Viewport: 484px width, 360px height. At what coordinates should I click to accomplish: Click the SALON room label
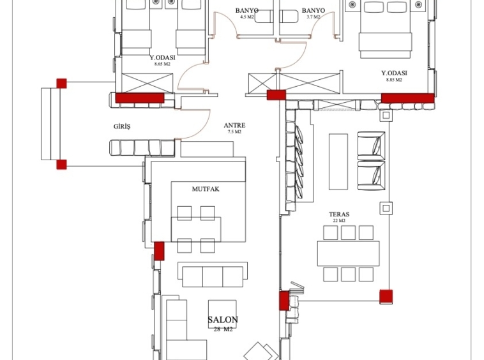click(x=223, y=320)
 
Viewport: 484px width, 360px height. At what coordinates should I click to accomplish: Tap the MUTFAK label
click(x=206, y=189)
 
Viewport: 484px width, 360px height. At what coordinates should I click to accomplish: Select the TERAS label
click(x=339, y=214)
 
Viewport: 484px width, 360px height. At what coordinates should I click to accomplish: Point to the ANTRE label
click(x=234, y=125)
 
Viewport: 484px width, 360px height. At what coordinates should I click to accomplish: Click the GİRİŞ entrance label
click(x=122, y=126)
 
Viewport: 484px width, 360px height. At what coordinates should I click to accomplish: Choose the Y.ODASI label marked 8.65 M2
click(x=162, y=57)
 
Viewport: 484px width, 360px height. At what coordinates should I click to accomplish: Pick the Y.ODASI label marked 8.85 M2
click(x=394, y=73)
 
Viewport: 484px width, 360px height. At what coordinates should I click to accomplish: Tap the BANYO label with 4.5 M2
click(x=247, y=11)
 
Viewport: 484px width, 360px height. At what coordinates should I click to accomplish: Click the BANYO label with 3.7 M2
click(x=314, y=11)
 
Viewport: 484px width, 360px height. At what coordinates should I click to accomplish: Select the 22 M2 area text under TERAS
click(x=339, y=221)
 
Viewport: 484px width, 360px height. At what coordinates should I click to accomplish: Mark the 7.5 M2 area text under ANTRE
click(x=234, y=132)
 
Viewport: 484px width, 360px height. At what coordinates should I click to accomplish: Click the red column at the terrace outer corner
click(x=386, y=297)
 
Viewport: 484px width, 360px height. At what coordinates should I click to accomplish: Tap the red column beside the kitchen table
click(x=159, y=251)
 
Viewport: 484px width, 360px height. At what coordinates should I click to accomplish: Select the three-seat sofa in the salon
click(x=213, y=274)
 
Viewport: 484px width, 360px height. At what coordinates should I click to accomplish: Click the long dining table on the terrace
click(x=348, y=253)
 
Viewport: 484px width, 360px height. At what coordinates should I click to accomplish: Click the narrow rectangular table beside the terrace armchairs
click(x=338, y=161)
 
